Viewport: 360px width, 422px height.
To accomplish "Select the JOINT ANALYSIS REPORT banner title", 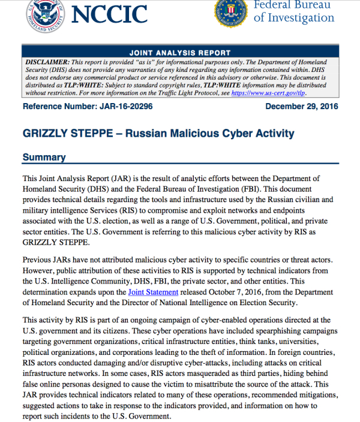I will [179, 52].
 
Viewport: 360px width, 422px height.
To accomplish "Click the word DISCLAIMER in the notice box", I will [46, 62].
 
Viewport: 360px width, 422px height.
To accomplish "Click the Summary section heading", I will [44, 158].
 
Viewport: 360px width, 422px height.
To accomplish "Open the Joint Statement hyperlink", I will [153, 292].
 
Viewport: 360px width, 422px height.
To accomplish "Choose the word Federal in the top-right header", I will [277, 4].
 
